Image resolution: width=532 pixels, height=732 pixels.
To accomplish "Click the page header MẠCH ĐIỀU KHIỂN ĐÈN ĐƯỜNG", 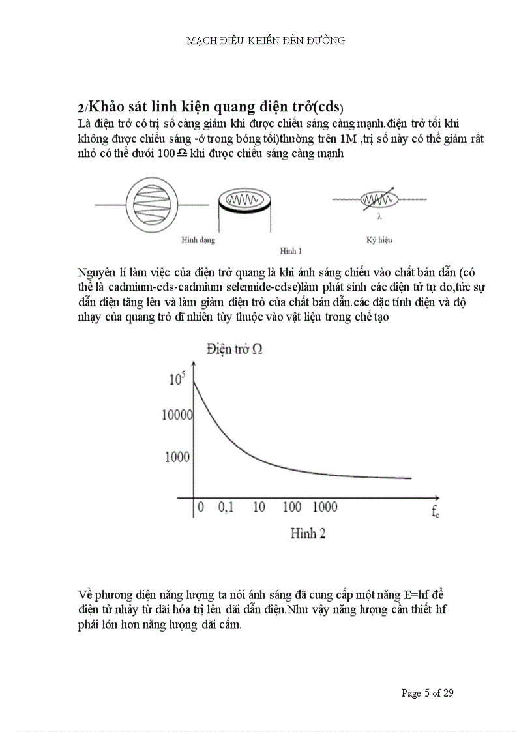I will click(x=265, y=40).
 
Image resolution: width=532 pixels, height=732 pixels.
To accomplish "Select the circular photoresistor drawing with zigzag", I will click(x=151, y=205).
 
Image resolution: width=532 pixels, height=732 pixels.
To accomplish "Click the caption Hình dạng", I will click(x=198, y=240).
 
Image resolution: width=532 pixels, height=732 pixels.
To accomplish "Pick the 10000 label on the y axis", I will click(x=176, y=415).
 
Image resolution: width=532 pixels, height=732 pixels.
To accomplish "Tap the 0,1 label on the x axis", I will click(x=225, y=507).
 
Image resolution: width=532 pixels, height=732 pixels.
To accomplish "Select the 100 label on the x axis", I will click(x=292, y=507).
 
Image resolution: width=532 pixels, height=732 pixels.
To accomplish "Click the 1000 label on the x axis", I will click(x=325, y=507).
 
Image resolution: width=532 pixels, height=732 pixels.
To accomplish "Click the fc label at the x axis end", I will click(x=435, y=512).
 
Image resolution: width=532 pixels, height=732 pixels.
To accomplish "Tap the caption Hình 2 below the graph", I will click(x=308, y=533).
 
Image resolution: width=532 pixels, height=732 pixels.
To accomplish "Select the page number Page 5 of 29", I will click(x=427, y=693).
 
